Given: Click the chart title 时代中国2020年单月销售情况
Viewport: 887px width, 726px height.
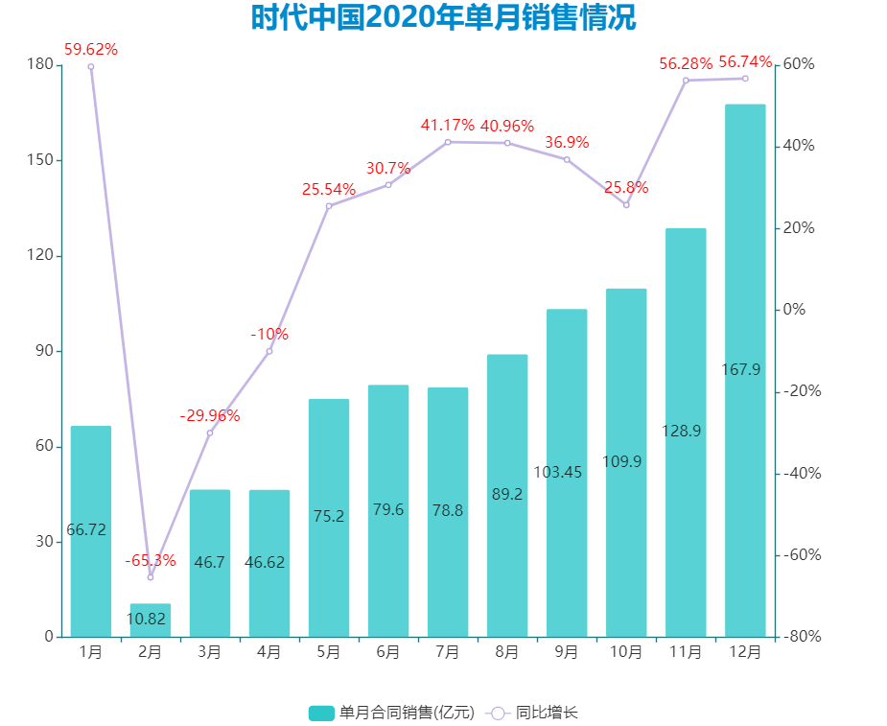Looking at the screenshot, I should click(x=443, y=18).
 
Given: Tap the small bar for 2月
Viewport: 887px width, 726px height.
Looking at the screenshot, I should click(x=151, y=620).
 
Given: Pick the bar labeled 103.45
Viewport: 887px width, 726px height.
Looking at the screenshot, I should click(x=567, y=472).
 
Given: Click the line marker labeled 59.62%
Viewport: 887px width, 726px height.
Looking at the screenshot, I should click(x=91, y=66).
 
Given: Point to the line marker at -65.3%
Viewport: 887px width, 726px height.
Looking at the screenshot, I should click(x=151, y=577).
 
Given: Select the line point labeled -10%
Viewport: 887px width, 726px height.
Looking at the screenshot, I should click(x=269, y=351).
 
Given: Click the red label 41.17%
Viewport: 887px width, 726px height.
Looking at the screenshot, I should click(x=448, y=125).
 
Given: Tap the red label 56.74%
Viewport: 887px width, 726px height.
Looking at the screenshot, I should click(x=745, y=62).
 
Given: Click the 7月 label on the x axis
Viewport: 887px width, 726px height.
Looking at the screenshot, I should click(x=448, y=652).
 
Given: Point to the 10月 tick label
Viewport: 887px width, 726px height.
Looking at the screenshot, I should click(x=626, y=652).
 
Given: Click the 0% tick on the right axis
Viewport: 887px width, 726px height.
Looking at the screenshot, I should click(x=794, y=310).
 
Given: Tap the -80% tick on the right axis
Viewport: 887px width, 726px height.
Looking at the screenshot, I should click(x=800, y=637).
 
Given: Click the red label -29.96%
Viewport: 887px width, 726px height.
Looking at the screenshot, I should click(x=210, y=415).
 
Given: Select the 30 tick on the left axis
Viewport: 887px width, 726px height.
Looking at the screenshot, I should click(x=43, y=542).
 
